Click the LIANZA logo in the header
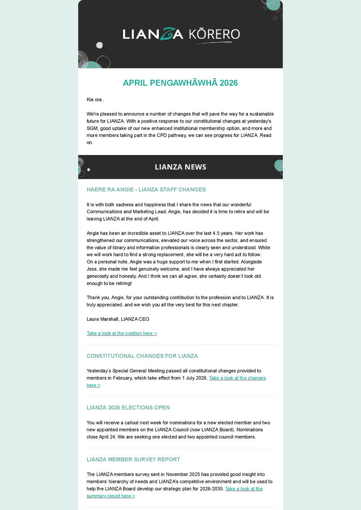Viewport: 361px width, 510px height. (x=153, y=34)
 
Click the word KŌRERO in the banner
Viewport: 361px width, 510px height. (x=214, y=34)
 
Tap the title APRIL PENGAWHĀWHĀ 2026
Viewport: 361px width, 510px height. (x=180, y=83)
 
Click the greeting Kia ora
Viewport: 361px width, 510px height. (x=94, y=99)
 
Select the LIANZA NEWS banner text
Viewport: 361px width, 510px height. (x=180, y=167)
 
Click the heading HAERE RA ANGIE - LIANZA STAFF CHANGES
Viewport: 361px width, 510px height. (x=146, y=190)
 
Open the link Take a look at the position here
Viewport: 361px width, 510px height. (x=122, y=333)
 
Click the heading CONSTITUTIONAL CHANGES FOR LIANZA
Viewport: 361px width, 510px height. (x=142, y=356)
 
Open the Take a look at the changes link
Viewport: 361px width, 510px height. (x=237, y=378)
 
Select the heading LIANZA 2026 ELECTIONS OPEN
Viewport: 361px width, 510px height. (x=128, y=408)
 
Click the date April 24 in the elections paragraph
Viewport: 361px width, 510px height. (x=107, y=437)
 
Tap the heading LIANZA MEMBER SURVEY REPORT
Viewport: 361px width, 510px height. (x=133, y=460)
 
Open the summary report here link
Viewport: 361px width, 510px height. (x=111, y=496)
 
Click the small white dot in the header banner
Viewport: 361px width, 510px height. (x=100, y=45)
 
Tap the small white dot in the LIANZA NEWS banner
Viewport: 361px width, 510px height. (x=89, y=169)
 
